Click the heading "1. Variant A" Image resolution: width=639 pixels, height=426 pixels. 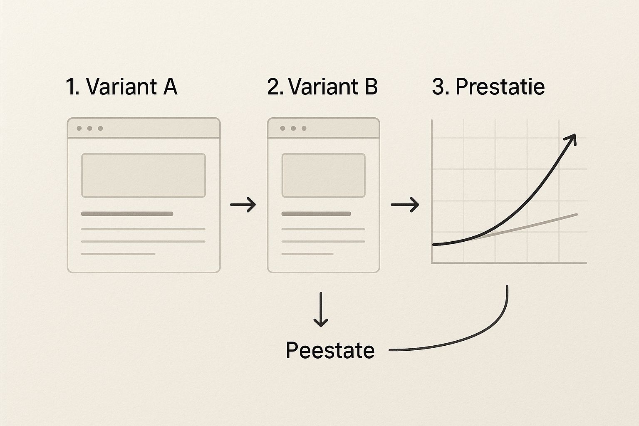pyautogui.click(x=121, y=87)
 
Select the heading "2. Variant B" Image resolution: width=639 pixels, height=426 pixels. pyautogui.click(x=322, y=87)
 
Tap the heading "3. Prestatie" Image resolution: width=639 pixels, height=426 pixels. pyautogui.click(x=488, y=87)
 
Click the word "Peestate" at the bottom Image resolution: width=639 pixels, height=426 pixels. pyautogui.click(x=330, y=350)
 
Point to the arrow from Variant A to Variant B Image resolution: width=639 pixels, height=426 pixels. pyautogui.click(x=243, y=204)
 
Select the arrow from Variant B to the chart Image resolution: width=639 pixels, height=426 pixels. pyautogui.click(x=405, y=204)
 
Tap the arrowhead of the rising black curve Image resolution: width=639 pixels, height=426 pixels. pyautogui.click(x=572, y=139)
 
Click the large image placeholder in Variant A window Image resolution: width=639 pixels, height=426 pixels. pyautogui.click(x=144, y=175)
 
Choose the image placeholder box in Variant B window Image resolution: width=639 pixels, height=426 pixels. pyautogui.click(x=323, y=175)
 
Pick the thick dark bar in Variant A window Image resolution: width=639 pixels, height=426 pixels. pyautogui.click(x=127, y=214)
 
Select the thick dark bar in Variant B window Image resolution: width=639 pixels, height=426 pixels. pyautogui.click(x=316, y=214)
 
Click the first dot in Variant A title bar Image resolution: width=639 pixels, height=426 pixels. pyautogui.click(x=79, y=128)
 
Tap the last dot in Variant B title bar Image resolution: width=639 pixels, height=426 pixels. pyautogui.click(x=304, y=128)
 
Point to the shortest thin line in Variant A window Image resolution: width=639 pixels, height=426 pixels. pyautogui.click(x=118, y=254)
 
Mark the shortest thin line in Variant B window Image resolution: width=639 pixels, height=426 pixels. pyautogui.click(x=307, y=254)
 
